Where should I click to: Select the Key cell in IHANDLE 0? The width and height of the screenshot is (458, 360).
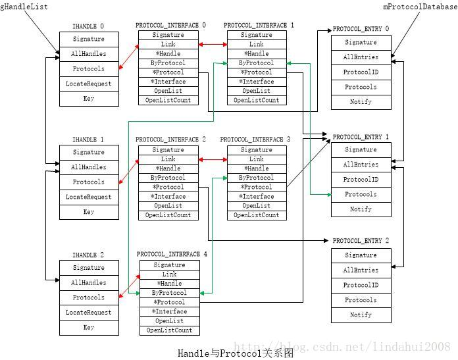[x=89, y=99]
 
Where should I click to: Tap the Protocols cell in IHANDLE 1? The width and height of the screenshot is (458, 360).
[x=89, y=182]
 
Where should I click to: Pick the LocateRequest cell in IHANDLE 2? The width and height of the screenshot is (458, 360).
[x=89, y=313]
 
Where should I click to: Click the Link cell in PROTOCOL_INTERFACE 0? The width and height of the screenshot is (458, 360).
[x=168, y=44]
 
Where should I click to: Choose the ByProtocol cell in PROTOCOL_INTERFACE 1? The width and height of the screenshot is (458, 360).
[x=257, y=63]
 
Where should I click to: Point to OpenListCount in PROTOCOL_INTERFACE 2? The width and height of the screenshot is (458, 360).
[x=168, y=215]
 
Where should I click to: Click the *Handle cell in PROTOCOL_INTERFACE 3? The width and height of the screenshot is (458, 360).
[x=257, y=168]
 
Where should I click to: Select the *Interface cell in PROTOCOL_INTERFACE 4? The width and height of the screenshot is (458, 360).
[x=169, y=311]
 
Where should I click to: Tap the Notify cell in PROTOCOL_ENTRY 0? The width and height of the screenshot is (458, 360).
[x=361, y=102]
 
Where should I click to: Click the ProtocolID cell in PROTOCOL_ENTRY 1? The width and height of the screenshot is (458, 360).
[x=361, y=180]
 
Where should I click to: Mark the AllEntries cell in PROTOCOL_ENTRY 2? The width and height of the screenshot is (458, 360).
[x=361, y=270]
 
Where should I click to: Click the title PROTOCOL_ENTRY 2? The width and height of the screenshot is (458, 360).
[x=361, y=242]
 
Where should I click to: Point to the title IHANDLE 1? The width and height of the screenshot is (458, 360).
[x=88, y=140]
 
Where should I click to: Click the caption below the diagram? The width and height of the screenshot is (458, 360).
[x=235, y=353]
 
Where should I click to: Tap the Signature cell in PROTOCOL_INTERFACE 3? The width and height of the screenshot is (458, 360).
[x=257, y=150]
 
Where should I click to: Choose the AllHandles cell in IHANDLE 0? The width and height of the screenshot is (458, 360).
[x=89, y=54]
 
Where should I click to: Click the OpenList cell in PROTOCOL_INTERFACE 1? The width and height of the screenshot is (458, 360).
[x=257, y=91]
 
